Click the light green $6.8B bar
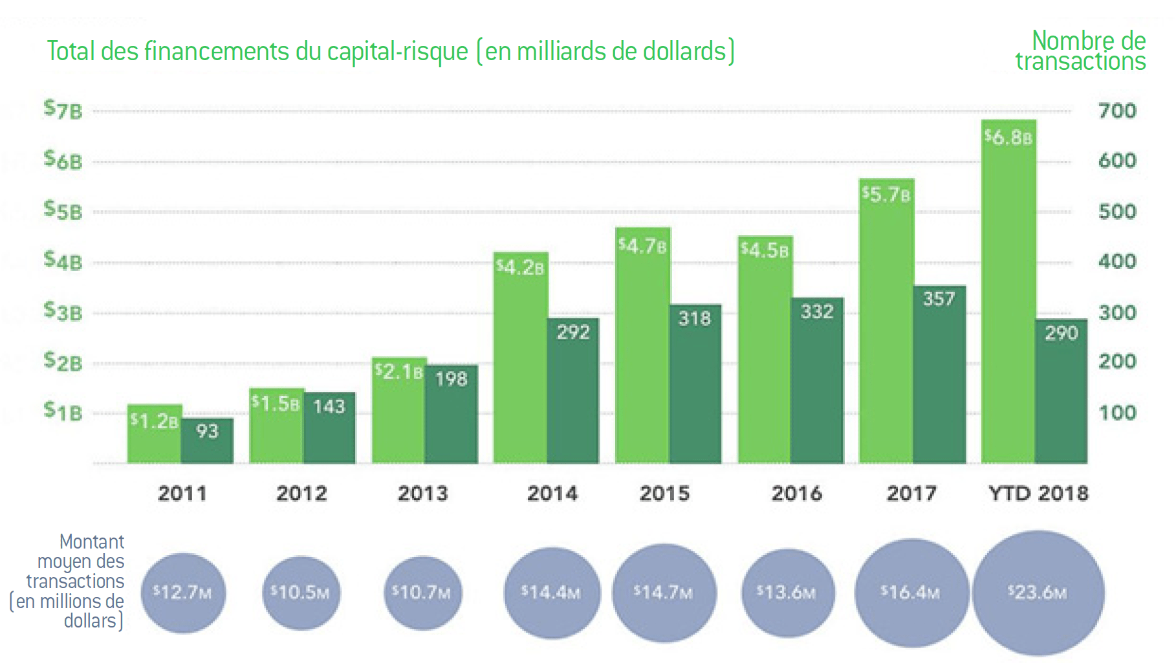1008,291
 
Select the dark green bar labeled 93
207,441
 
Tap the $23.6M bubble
1038,593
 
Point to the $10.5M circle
300,593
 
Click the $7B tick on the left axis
63,109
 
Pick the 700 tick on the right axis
1116,111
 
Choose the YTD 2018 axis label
1038,494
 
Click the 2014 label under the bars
552,494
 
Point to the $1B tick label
63,411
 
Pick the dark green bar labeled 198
451,414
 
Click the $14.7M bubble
664,593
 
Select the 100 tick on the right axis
1116,413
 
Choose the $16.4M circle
911,593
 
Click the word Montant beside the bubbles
91,541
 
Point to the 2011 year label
182,494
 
